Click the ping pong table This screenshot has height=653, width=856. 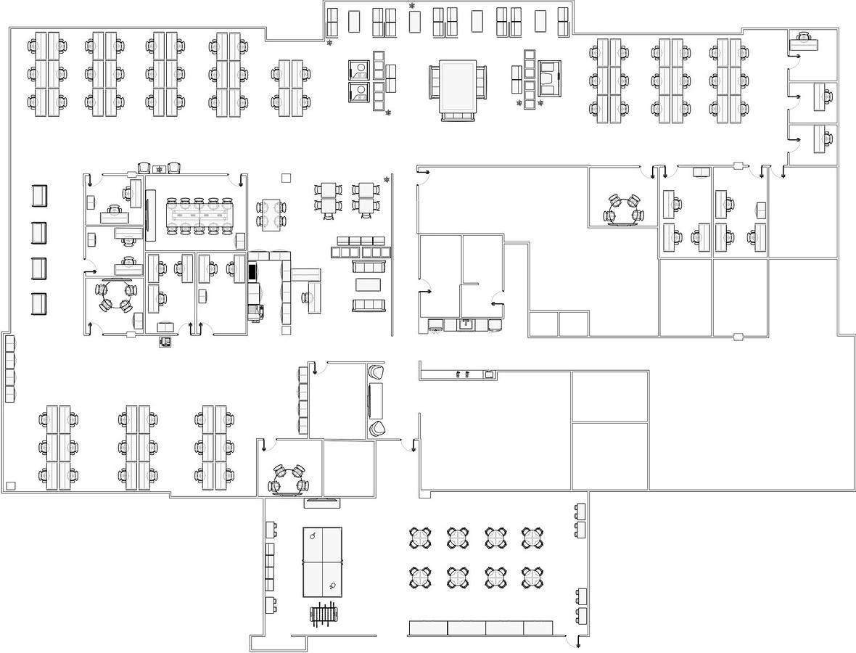click(322, 562)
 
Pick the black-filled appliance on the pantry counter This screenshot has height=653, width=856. click(252, 272)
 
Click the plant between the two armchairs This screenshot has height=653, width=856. click(159, 169)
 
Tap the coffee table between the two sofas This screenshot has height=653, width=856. click(368, 284)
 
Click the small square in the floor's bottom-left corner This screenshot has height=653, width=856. click(11, 485)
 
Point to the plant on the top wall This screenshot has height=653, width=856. click(412, 7)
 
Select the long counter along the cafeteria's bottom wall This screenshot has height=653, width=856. click(480, 628)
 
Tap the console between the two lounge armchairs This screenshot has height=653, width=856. click(376, 401)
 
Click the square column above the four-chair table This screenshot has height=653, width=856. click(286, 178)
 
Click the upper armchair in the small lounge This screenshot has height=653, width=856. click(376, 373)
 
